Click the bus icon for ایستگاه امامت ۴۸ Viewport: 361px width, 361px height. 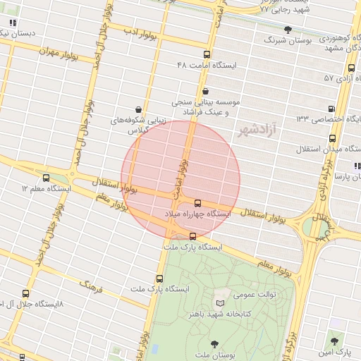207,54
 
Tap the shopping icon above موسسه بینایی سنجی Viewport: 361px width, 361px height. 205,91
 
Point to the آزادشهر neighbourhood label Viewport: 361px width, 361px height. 256,130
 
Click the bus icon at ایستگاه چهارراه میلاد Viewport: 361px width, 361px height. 197,203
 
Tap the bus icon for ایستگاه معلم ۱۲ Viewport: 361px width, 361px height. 47,178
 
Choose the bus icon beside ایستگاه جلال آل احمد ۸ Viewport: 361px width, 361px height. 26,293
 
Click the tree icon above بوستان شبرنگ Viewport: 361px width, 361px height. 288,30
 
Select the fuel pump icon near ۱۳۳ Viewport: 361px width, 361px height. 332,109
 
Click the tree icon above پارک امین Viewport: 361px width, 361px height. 334,340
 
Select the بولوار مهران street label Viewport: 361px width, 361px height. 56,51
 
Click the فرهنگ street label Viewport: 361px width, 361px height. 91,286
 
